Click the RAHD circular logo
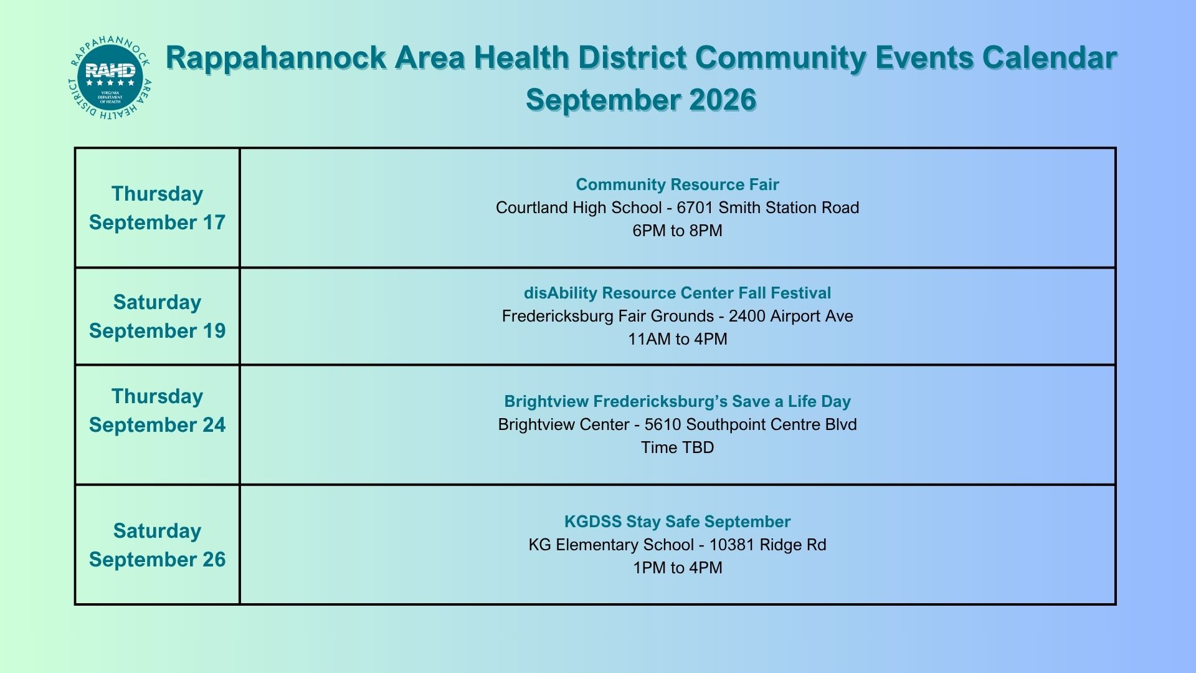pyautogui.click(x=110, y=78)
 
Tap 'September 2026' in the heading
pyautogui.click(x=641, y=100)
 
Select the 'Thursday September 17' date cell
pyautogui.click(x=157, y=208)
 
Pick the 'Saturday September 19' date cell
pyautogui.click(x=157, y=317)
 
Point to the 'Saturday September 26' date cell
pyautogui.click(x=157, y=545)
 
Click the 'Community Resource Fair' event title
pyautogui.click(x=677, y=184)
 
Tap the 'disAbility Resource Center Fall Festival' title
pyautogui.click(x=677, y=293)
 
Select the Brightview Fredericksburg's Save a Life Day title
pyautogui.click(x=677, y=401)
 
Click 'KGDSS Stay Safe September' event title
pyautogui.click(x=677, y=522)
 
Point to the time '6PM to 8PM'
pyautogui.click(x=677, y=231)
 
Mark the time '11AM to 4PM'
pyautogui.click(x=677, y=339)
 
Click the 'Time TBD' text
pyautogui.click(x=677, y=447)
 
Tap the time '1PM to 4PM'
pyautogui.click(x=677, y=568)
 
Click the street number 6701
pyautogui.click(x=695, y=208)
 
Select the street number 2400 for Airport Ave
pyautogui.click(x=747, y=316)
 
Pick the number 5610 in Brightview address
pyautogui.click(x=663, y=424)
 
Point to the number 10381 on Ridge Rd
pyautogui.click(x=732, y=545)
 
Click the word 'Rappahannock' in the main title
pyautogui.click(x=276, y=59)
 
